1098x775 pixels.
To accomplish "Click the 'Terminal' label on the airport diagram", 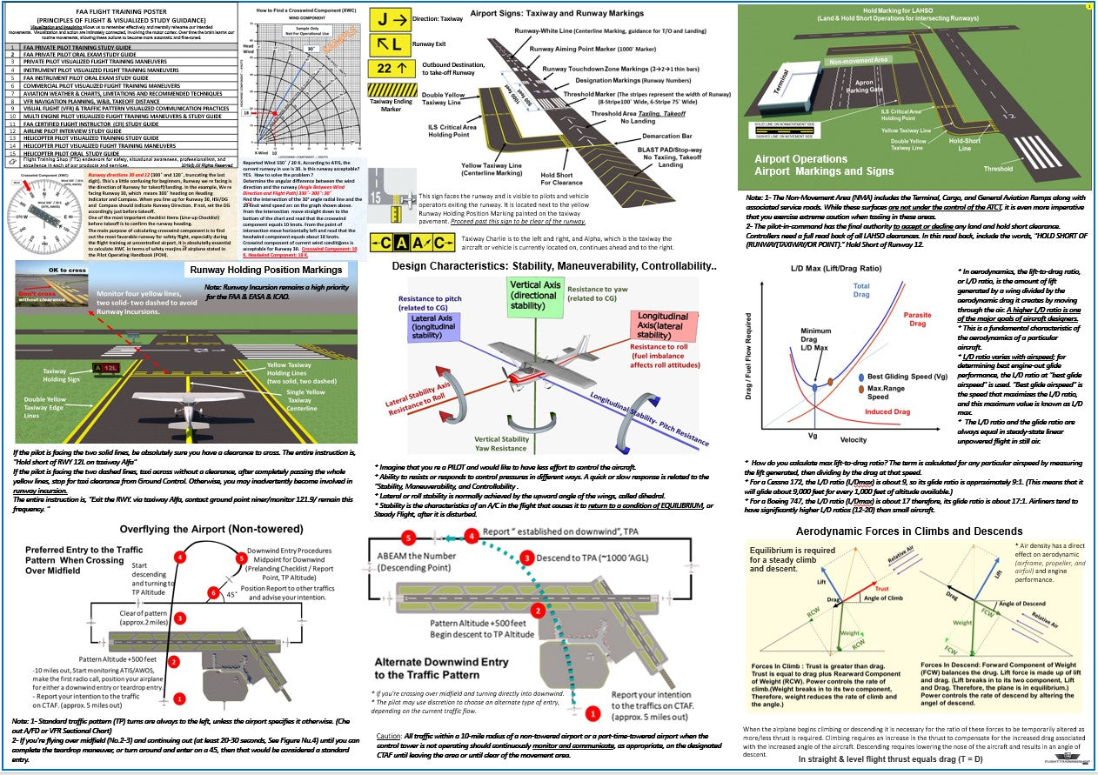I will click(780, 89).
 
